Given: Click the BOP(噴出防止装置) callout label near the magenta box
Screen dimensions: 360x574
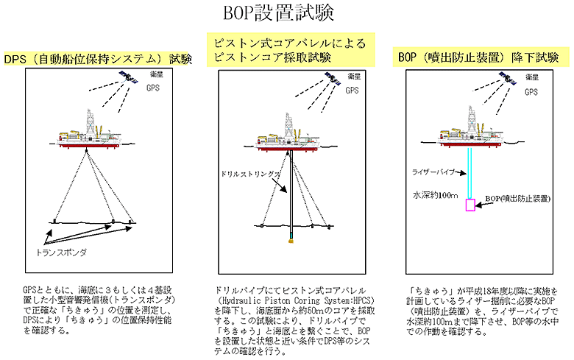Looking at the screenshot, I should coord(518,199).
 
